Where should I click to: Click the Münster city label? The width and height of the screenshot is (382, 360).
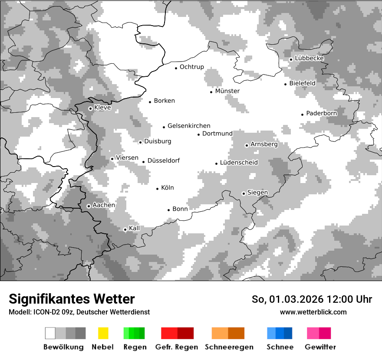pos(227,91)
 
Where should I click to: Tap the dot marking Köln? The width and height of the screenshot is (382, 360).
pos(158,189)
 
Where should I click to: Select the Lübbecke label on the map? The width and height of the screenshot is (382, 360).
pos(310,59)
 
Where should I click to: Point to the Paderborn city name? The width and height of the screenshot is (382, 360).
pos(322,113)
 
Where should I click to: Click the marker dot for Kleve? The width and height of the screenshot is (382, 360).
pos(90,108)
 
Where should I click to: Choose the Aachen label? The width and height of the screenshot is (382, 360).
pos(104,205)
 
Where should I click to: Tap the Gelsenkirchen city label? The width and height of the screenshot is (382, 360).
pos(189,126)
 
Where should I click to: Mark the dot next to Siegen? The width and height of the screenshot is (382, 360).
pos(244,193)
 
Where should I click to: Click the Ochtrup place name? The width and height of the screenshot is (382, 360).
pos(192,67)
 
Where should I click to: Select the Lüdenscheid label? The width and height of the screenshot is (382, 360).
pos(239,163)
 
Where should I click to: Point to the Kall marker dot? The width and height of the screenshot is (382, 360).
pos(125,229)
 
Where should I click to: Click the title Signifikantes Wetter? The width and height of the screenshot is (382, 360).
pos(72,299)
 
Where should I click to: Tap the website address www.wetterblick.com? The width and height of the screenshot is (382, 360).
pos(313,312)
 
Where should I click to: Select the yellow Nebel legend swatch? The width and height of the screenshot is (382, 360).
pos(103,333)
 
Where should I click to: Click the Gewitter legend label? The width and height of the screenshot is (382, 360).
pos(320,347)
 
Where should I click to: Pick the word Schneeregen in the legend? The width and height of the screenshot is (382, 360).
pos(229,347)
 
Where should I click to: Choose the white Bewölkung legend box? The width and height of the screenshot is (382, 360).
pos(50,333)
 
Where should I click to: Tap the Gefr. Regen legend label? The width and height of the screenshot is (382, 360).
pos(176,347)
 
